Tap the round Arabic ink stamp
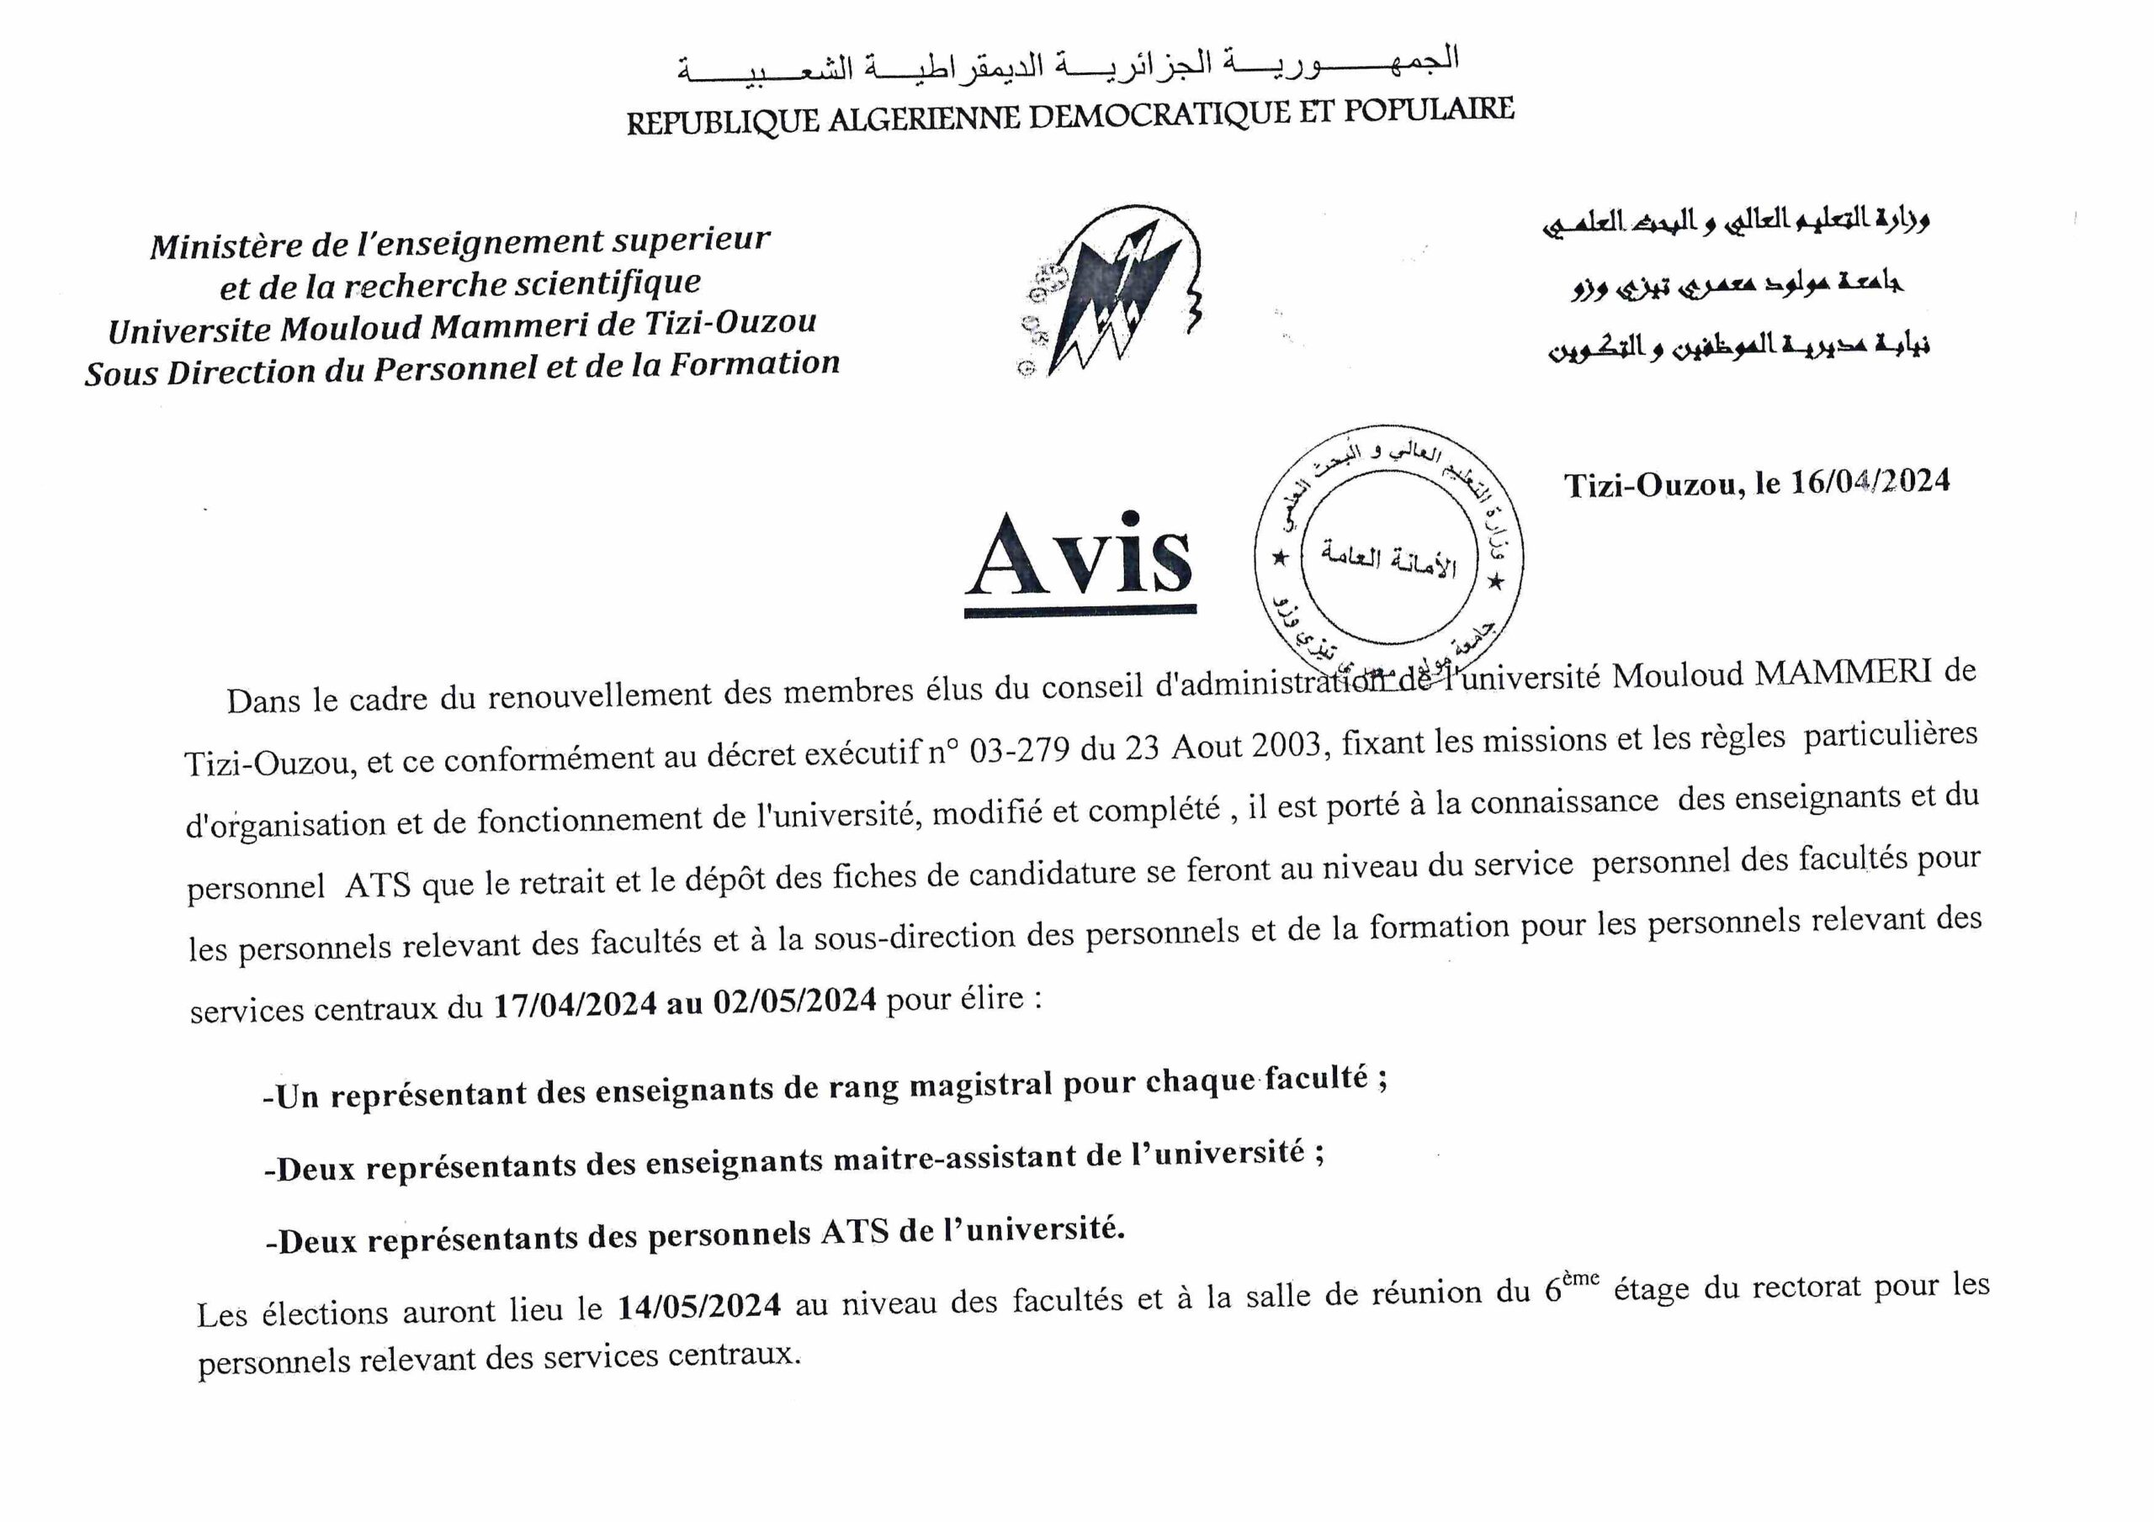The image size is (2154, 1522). pyautogui.click(x=1388, y=555)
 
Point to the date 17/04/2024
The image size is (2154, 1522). pyautogui.click(x=575, y=1004)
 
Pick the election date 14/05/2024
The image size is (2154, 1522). pyautogui.click(x=699, y=1305)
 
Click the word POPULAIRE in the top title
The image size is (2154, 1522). pyautogui.click(x=1429, y=109)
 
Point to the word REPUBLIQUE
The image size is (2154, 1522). pyautogui.click(x=723, y=123)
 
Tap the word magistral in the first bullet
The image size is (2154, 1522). pyautogui.click(x=981, y=1085)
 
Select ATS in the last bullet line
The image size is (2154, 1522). pyautogui.click(x=855, y=1232)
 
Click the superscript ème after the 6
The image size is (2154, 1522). pyautogui.click(x=1580, y=1277)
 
